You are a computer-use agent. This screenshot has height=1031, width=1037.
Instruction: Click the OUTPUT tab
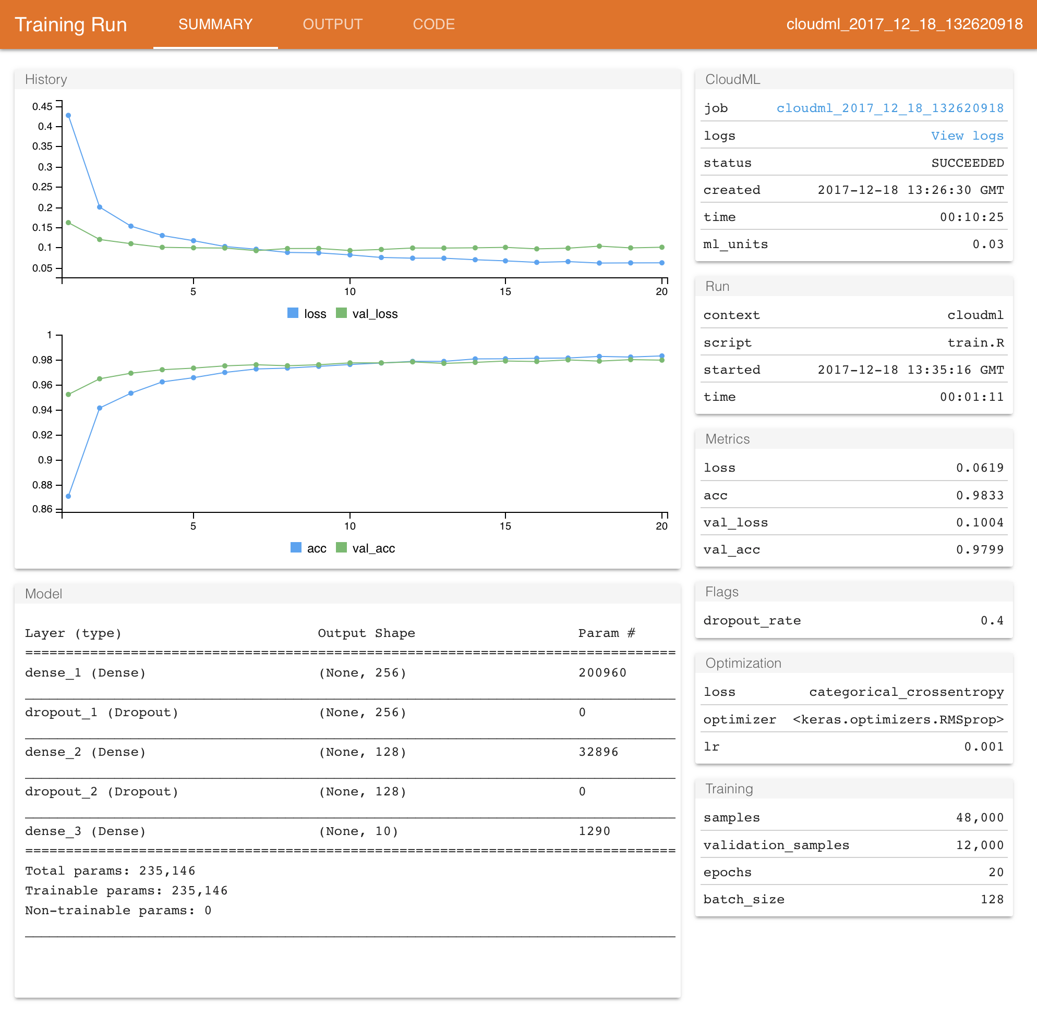click(x=332, y=24)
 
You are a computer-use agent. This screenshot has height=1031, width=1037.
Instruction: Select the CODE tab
click(x=433, y=24)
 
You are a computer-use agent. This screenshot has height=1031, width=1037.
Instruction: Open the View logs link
click(x=967, y=136)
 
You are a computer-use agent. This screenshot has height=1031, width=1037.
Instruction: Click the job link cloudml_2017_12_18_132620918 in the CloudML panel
click(x=889, y=108)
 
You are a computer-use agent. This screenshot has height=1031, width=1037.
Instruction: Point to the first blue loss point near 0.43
click(x=68, y=115)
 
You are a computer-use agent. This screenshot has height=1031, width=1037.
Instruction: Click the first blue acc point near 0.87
click(x=68, y=496)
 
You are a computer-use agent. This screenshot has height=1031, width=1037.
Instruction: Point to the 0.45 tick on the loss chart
click(x=42, y=106)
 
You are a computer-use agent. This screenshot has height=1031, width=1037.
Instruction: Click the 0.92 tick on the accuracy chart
click(x=42, y=435)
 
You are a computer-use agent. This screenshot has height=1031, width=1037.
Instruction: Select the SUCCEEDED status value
click(x=967, y=163)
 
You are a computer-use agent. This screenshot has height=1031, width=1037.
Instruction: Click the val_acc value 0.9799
click(x=980, y=549)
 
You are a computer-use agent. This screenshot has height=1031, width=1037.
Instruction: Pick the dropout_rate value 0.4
click(x=992, y=621)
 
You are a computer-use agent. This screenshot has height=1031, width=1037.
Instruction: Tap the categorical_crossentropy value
click(x=906, y=692)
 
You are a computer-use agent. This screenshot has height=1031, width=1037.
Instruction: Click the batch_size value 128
click(x=992, y=900)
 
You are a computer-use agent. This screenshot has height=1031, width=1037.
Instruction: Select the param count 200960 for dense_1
click(x=602, y=673)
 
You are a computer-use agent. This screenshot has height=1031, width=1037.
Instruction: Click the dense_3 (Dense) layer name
click(x=86, y=831)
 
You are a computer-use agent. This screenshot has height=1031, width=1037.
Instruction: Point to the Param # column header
click(x=607, y=633)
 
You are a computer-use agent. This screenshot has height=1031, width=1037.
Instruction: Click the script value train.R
click(x=975, y=343)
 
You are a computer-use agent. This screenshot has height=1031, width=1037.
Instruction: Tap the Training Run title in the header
click(x=71, y=24)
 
